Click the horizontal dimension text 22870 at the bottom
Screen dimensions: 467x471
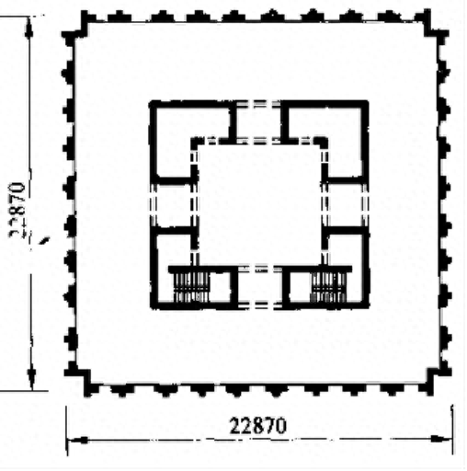tap(258, 426)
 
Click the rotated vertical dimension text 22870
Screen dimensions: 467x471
tap(17, 209)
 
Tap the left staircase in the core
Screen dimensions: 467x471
tap(190, 287)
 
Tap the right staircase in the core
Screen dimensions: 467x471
tap(328, 287)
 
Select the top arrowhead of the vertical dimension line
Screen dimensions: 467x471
tap(28, 27)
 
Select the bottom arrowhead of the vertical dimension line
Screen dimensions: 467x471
tap(31, 378)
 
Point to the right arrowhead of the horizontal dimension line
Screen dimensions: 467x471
tap(440, 439)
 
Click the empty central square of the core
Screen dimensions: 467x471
tap(259, 205)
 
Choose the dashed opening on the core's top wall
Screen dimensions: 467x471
tap(259, 104)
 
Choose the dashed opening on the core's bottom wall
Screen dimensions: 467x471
tap(260, 305)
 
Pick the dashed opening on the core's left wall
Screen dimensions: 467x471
tap(154, 206)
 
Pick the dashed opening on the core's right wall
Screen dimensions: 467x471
tap(365, 206)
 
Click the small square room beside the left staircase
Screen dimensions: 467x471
tap(220, 287)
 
